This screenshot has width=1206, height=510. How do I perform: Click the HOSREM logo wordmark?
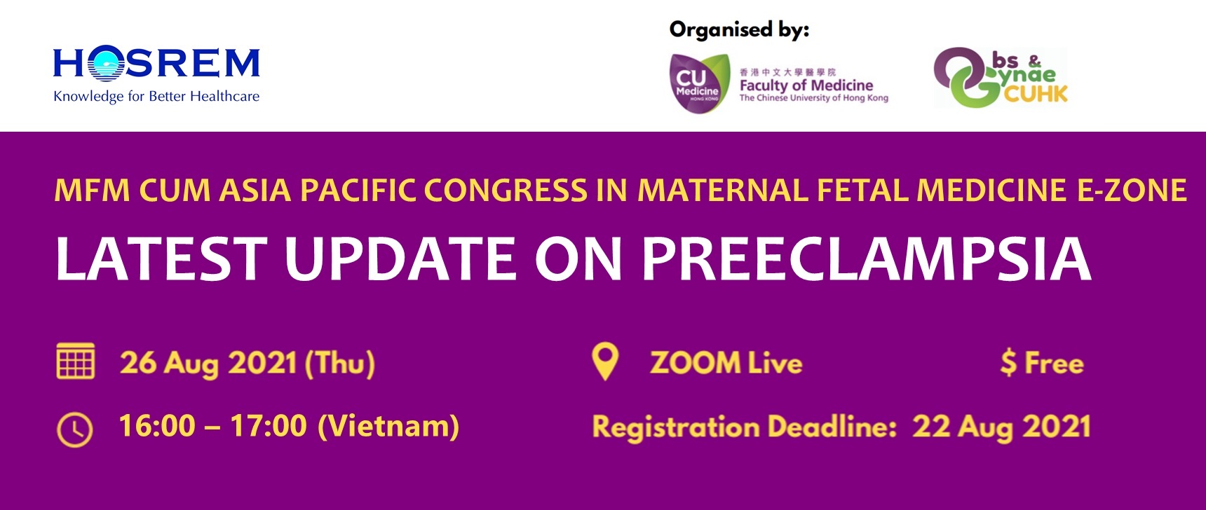(156, 63)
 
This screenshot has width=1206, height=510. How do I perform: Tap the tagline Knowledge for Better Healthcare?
(156, 97)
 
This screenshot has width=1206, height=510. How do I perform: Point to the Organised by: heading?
(739, 30)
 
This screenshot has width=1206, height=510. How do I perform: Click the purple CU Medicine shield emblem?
(697, 83)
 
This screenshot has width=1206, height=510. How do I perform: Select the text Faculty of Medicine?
(806, 85)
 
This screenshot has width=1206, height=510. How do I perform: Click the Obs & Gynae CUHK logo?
(1001, 77)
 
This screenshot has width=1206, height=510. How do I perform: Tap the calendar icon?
(75, 361)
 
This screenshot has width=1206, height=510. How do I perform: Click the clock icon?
(74, 429)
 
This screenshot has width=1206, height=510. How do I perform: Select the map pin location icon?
(605, 361)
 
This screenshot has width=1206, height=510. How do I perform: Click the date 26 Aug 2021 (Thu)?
(247, 363)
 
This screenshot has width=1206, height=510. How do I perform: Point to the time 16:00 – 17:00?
(212, 426)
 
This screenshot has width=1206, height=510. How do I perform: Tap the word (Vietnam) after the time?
(388, 426)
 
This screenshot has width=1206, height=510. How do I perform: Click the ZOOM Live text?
(726, 363)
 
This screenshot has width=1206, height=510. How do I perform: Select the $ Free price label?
(1042, 363)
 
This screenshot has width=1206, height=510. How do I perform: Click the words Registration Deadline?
(745, 427)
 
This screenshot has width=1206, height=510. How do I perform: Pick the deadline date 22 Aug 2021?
(1001, 427)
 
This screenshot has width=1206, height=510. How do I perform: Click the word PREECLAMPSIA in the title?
(867, 258)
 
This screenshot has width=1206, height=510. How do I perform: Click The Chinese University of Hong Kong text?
(813, 98)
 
